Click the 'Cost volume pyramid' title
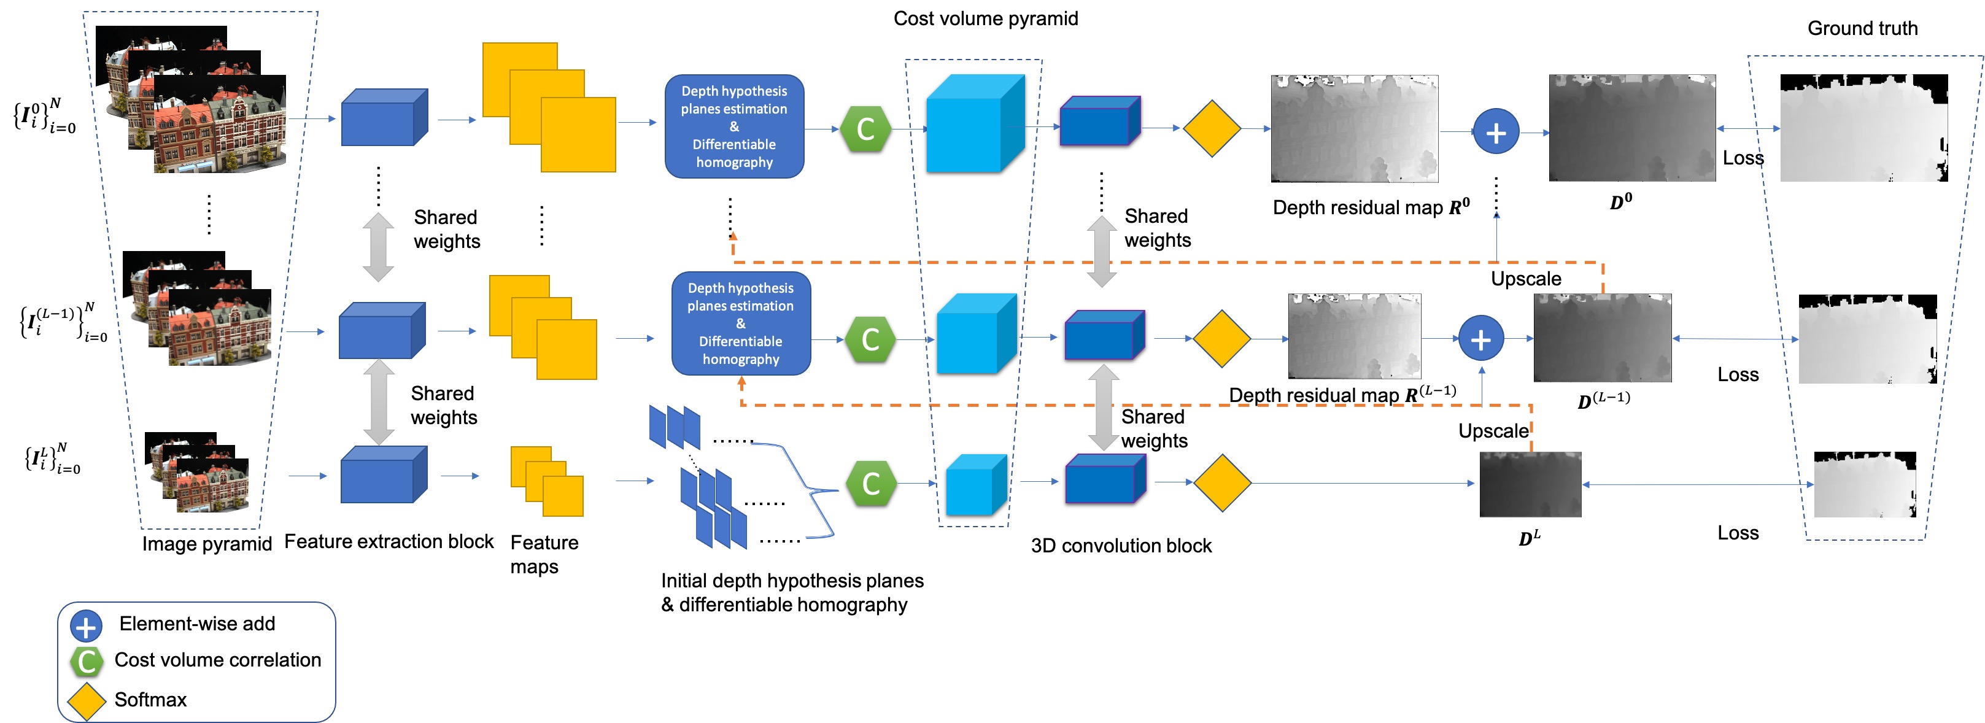click(986, 18)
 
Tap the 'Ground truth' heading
click(1862, 28)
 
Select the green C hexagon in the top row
click(865, 129)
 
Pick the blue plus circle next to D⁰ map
click(1496, 133)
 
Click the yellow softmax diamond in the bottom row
click(1221, 482)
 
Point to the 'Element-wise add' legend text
click(196, 624)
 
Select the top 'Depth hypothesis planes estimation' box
click(733, 126)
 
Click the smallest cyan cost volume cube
click(975, 485)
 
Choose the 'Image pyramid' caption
click(206, 544)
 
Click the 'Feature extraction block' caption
click(389, 542)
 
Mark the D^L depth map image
click(1530, 484)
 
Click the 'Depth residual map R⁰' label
click(1370, 207)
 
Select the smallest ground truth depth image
click(1864, 484)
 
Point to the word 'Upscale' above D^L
click(1493, 431)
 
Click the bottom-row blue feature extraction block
click(383, 475)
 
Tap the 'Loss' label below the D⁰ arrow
click(1743, 158)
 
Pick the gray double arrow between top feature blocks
click(378, 247)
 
